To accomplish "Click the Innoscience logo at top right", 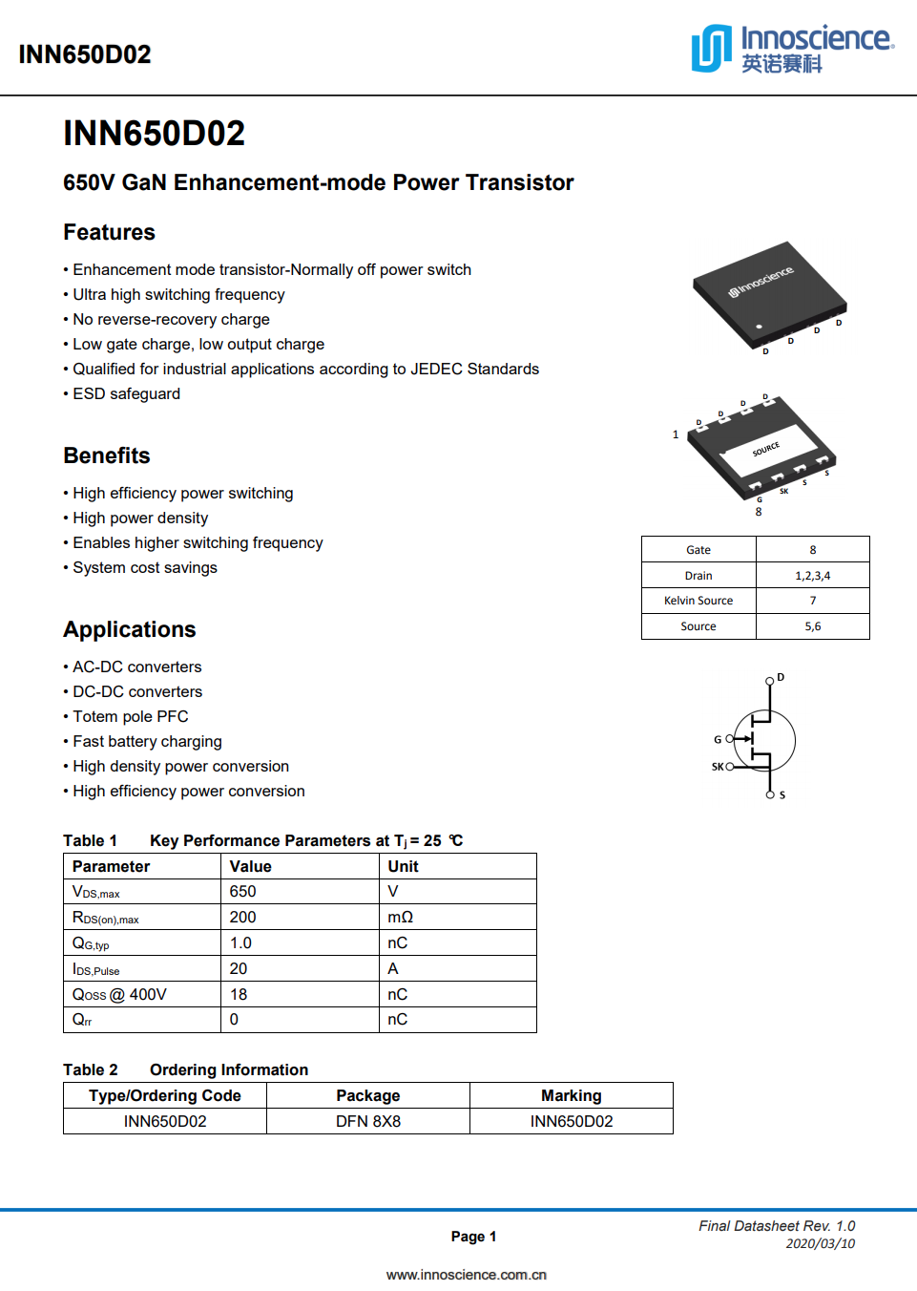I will pyautogui.click(x=792, y=49).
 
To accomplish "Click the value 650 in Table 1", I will pyautogui.click(x=243, y=892).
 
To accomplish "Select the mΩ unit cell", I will pyautogui.click(x=400, y=918).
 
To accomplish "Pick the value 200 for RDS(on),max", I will pyautogui.click(x=243, y=918).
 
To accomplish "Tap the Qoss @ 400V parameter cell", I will pyautogui.click(x=119, y=995).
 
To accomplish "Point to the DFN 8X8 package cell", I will pyautogui.click(x=368, y=1122).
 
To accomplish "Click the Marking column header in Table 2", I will pyautogui.click(x=572, y=1096).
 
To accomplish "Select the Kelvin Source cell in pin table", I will pyautogui.click(x=698, y=601).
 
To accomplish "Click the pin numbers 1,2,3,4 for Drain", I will pyautogui.click(x=812, y=576).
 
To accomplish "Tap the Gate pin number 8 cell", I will pyautogui.click(x=812, y=550).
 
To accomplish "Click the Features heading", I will pyautogui.click(x=109, y=233).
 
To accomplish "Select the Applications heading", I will pyautogui.click(x=130, y=630).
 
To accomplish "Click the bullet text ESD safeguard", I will pyautogui.click(x=126, y=394).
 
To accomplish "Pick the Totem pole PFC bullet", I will pyautogui.click(x=131, y=717).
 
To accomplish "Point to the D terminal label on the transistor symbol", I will pyautogui.click(x=781, y=677).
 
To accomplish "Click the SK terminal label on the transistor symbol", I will pyautogui.click(x=718, y=767).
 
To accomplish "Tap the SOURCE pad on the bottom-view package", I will pyautogui.click(x=766, y=449).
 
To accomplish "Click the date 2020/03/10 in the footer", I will pyautogui.click(x=820, y=1244).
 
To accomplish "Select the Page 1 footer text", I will pyautogui.click(x=473, y=1237).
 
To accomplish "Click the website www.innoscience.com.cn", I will pyautogui.click(x=467, y=1275).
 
